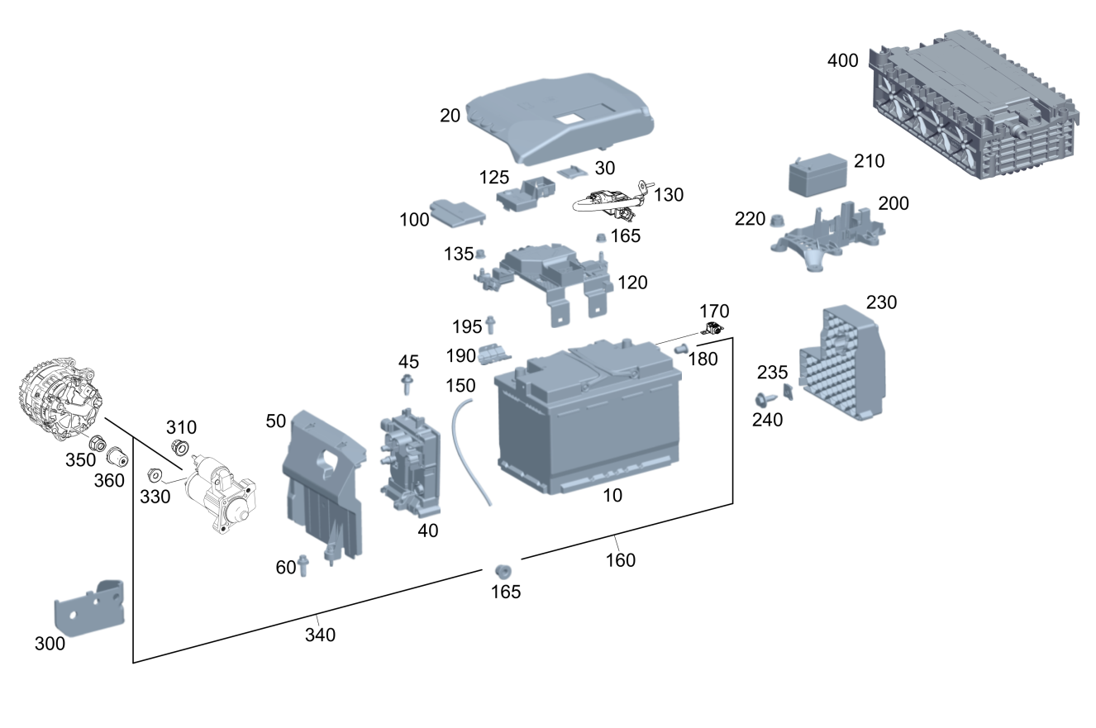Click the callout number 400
click(x=843, y=61)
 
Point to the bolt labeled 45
click(x=407, y=385)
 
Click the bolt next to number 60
click(x=303, y=565)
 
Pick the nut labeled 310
click(x=178, y=449)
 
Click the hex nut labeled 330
click(x=153, y=476)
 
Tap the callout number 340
click(x=320, y=635)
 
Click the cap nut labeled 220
click(x=777, y=220)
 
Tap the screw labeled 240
click(x=762, y=401)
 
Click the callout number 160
click(x=620, y=560)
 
